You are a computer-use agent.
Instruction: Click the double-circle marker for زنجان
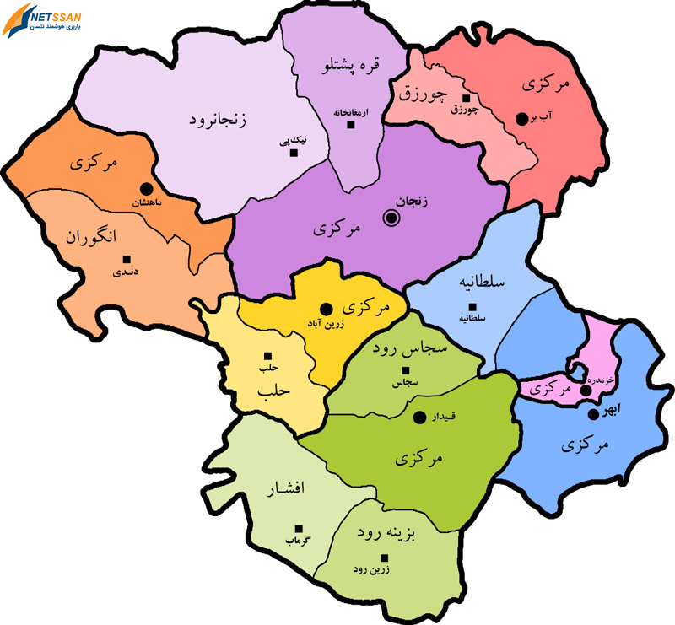pos(391,218)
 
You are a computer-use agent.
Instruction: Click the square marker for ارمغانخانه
pos(352,125)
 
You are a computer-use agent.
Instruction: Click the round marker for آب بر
pos(522,119)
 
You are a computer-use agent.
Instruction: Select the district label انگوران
pos(91,237)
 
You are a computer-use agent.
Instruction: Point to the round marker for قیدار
pos(418,417)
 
